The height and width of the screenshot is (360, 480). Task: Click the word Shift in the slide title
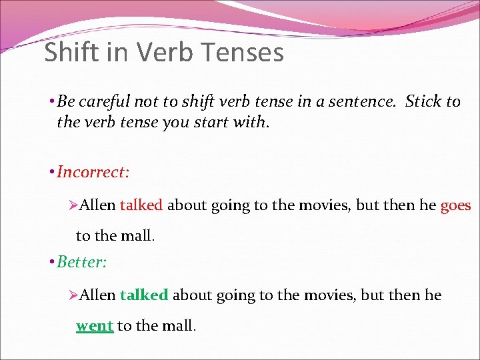(67, 52)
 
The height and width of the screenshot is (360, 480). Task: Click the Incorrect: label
(93, 172)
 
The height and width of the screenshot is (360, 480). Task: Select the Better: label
(81, 261)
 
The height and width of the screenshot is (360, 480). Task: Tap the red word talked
(141, 205)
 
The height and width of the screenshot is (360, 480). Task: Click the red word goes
(455, 205)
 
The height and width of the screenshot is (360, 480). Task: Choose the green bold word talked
(144, 295)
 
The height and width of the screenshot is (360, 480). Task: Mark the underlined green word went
(94, 326)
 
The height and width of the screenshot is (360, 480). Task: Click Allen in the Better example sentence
(98, 295)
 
